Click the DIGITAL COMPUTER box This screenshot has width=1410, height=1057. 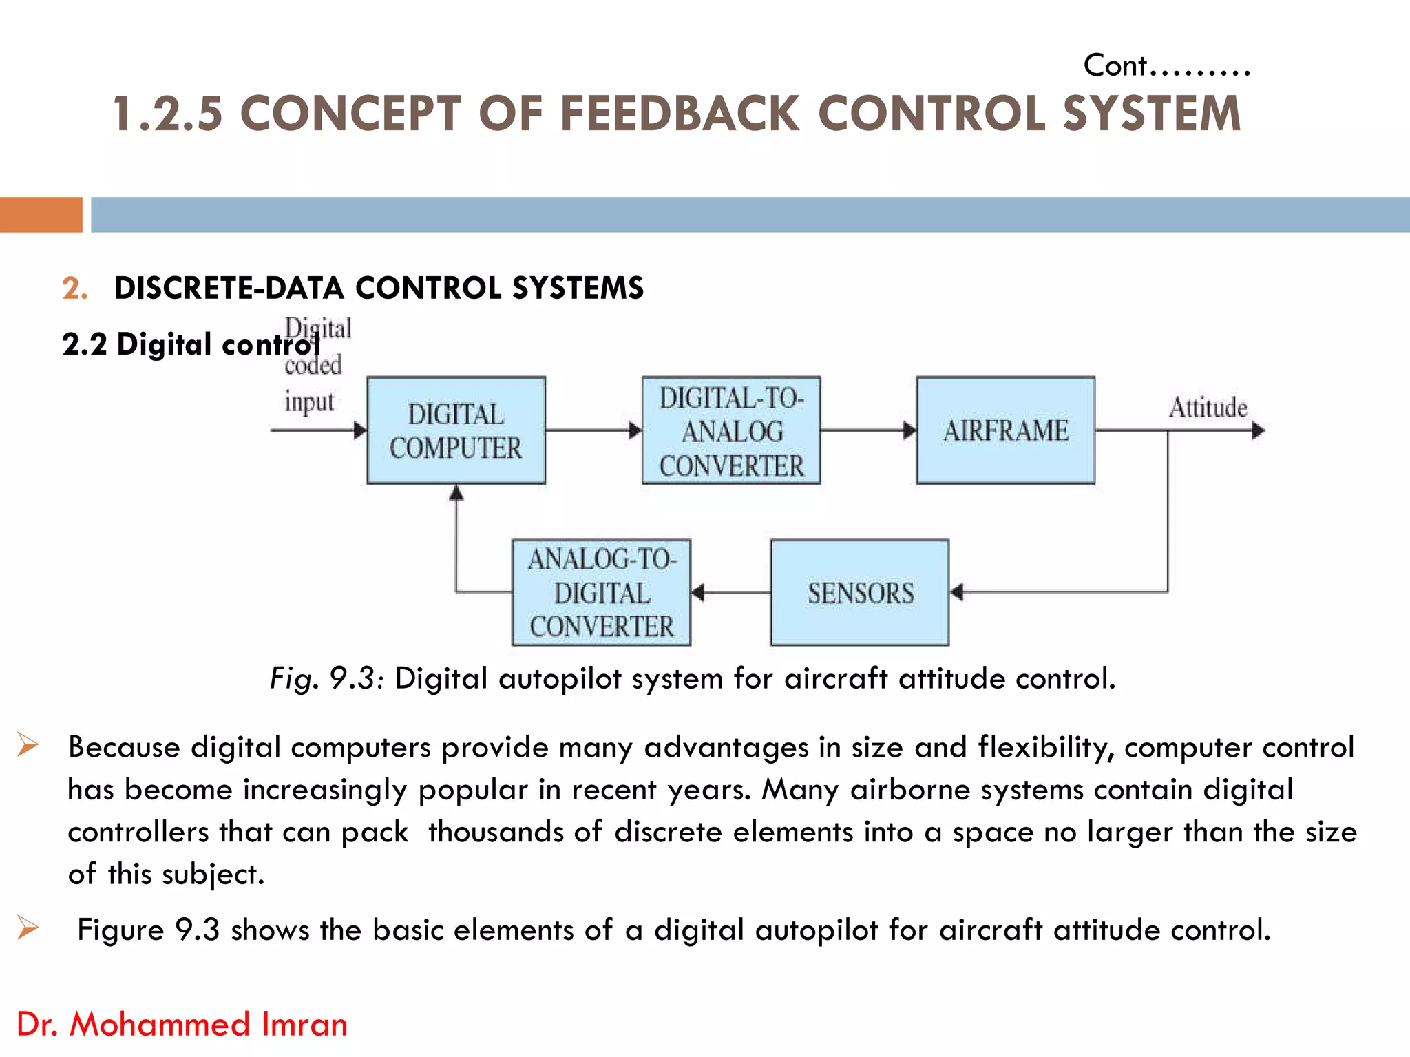pyautogui.click(x=456, y=430)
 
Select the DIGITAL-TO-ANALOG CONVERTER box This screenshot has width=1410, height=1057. pyautogui.click(x=731, y=430)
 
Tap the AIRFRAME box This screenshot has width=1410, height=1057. pyautogui.click(x=1005, y=430)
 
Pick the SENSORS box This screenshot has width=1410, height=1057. pyautogui.click(x=860, y=592)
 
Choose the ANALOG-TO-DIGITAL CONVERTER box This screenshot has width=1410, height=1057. pyautogui.click(x=601, y=592)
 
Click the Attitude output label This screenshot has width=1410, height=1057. pyautogui.click(x=1208, y=408)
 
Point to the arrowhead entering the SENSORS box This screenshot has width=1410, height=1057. pyautogui.click(x=957, y=592)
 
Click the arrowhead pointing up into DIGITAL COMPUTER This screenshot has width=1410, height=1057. pyautogui.click(x=456, y=492)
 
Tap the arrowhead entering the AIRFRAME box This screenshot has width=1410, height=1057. pyautogui.click(x=909, y=430)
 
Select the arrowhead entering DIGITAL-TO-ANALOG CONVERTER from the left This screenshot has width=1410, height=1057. pyautogui.click(x=635, y=430)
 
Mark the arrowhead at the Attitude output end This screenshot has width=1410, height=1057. pyautogui.click(x=1258, y=430)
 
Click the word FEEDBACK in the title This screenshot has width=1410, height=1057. pyautogui.click(x=680, y=114)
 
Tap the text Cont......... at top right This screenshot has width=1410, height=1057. pyautogui.click(x=1167, y=66)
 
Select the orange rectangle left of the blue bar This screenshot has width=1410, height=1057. pyautogui.click(x=41, y=215)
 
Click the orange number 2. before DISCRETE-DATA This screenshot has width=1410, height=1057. pyautogui.click(x=74, y=288)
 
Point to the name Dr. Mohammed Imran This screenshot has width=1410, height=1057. pyautogui.click(x=182, y=1024)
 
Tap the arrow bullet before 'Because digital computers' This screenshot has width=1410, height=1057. pyautogui.click(x=28, y=745)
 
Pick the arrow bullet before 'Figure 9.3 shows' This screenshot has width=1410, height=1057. pyautogui.click(x=28, y=928)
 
